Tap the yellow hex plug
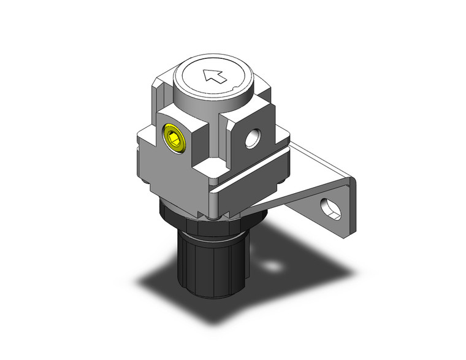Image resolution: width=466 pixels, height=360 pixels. pyautogui.click(x=174, y=138)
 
